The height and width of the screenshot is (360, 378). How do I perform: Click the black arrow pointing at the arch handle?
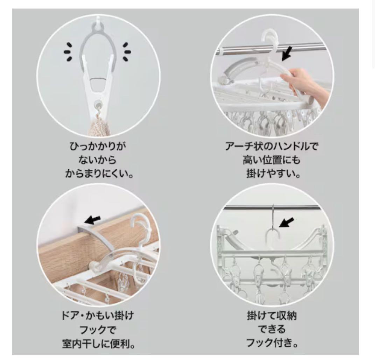point(287,54)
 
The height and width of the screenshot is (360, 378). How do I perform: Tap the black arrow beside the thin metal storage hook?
point(287,222)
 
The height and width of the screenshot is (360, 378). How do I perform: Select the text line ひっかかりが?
point(98,146)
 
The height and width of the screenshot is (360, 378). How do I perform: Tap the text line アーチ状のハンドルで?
point(272,146)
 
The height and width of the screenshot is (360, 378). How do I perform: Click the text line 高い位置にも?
point(272,160)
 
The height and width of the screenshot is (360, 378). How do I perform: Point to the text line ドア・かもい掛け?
point(97,316)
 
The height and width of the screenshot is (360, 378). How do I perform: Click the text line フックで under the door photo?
point(98,330)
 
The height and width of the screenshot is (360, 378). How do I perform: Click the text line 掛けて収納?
point(272,316)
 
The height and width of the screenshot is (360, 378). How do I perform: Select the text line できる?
point(272,329)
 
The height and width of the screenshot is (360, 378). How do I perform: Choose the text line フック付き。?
point(272,343)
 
